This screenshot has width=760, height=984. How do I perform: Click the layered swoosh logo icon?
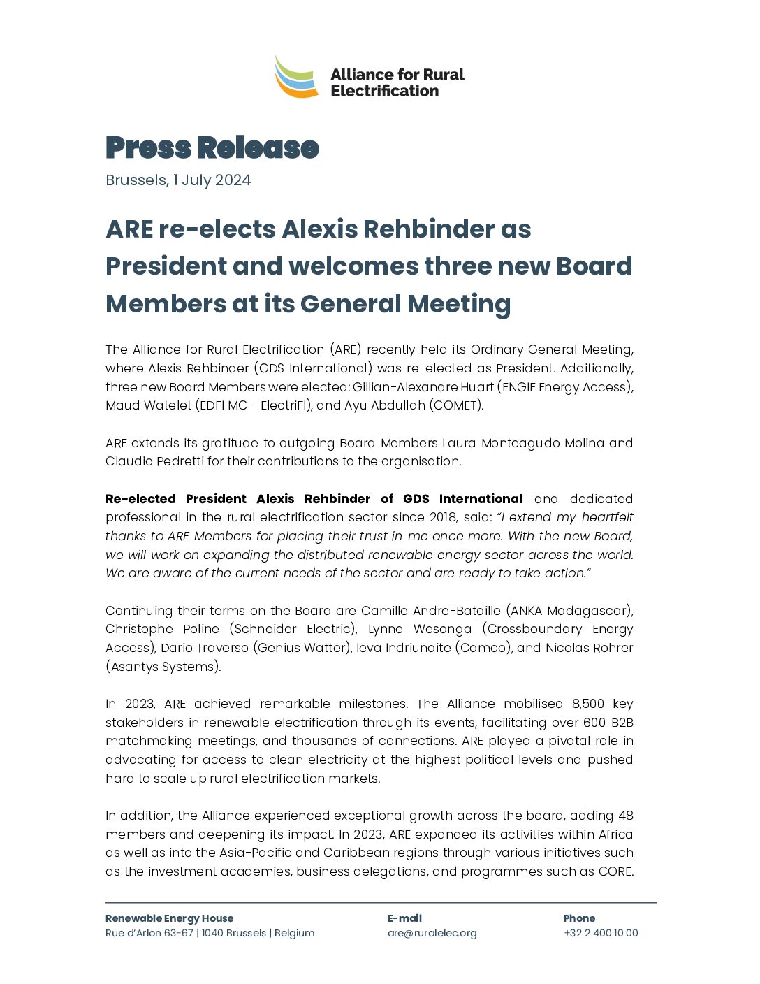pos(297,77)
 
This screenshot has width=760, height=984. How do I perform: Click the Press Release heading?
pos(212,147)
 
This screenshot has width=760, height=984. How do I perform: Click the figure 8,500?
pos(588,704)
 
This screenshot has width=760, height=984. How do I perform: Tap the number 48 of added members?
pos(626,816)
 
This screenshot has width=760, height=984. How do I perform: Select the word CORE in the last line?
pos(614,871)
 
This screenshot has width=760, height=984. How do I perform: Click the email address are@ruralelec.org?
pos(432,933)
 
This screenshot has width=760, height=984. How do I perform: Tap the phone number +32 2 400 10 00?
pos(601,933)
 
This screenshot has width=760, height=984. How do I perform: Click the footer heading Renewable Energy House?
pos(169,918)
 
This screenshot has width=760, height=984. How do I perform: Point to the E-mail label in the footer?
pos(404,918)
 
